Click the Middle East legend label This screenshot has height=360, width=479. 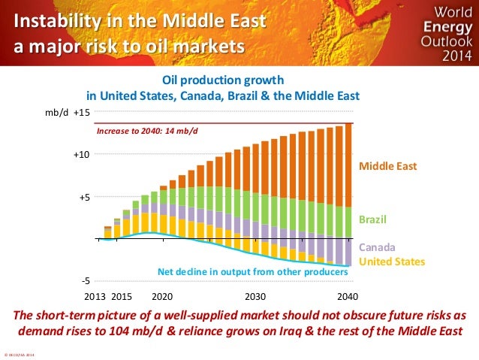pos(388,165)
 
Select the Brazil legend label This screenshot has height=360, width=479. pos(372,220)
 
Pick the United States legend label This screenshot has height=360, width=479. pos(392,262)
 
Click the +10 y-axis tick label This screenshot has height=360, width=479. pos(81,154)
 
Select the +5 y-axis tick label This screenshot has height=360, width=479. pos(83,197)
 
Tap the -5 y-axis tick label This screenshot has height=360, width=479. pos(86,281)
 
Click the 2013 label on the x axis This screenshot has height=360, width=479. pos(95,295)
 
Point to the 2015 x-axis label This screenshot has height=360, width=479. pos(122,295)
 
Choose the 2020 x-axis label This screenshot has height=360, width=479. pos(163,295)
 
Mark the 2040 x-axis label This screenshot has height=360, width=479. pos(348,295)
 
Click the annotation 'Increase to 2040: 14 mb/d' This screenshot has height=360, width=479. pos(147,130)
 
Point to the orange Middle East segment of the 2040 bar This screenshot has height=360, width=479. pos(348,165)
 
